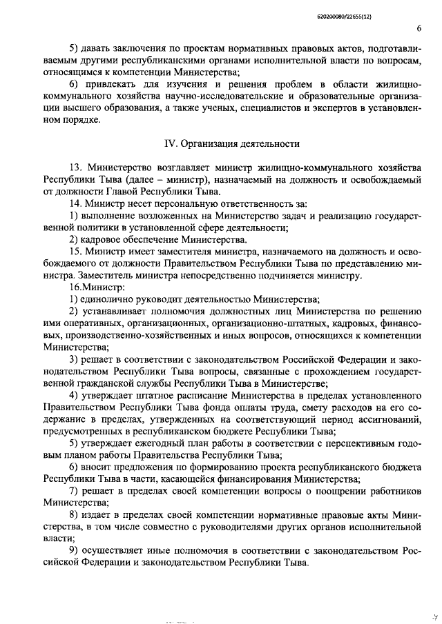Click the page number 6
click(419, 28)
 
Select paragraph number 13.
click(75, 168)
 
